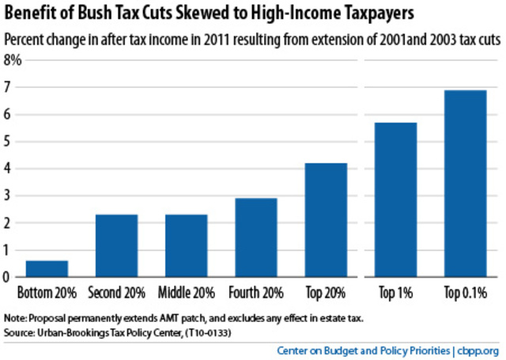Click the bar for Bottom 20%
pos(47,268)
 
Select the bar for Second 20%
pos(117,245)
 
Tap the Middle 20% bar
pos(187,245)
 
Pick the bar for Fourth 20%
pos(256,237)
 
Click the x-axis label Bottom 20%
pos(47,292)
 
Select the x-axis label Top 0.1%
pos(465,292)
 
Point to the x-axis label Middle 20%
pos(187,292)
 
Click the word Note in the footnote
pos(17,317)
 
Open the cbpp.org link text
pos(479,350)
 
